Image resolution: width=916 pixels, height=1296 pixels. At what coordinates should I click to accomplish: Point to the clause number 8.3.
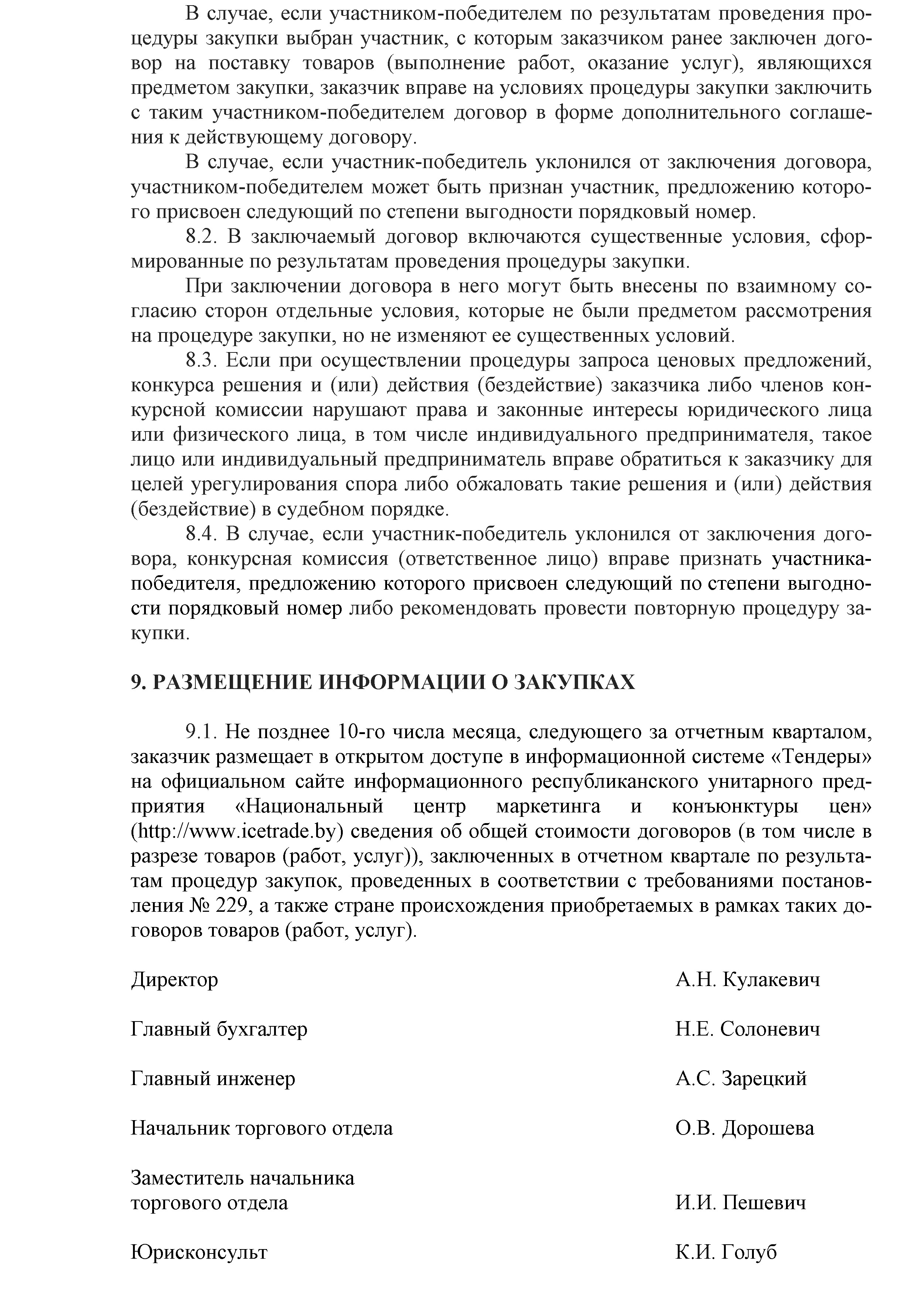pyautogui.click(x=202, y=360)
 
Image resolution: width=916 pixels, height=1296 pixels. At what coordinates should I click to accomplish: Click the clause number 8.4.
pyautogui.click(x=202, y=533)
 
